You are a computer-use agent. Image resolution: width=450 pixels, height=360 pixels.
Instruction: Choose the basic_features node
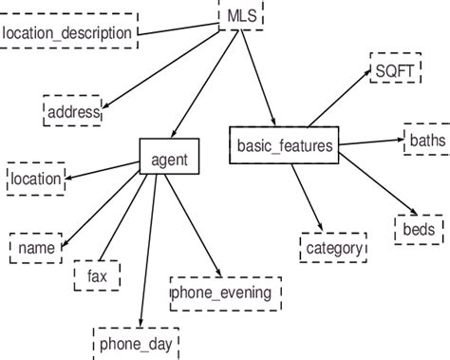282,145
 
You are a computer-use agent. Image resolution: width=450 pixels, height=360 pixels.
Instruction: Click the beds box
418,229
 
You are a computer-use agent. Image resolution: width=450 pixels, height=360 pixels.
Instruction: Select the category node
332,248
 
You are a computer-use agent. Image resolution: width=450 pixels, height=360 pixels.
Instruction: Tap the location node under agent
35,178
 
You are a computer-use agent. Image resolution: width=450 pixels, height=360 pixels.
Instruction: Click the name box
36,247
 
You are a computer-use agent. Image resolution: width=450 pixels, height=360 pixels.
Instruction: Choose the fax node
97,275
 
